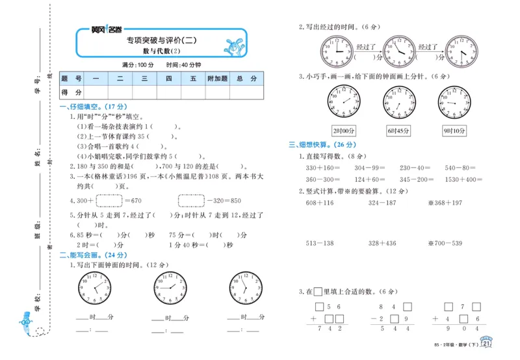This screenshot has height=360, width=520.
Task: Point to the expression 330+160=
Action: click(322, 168)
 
